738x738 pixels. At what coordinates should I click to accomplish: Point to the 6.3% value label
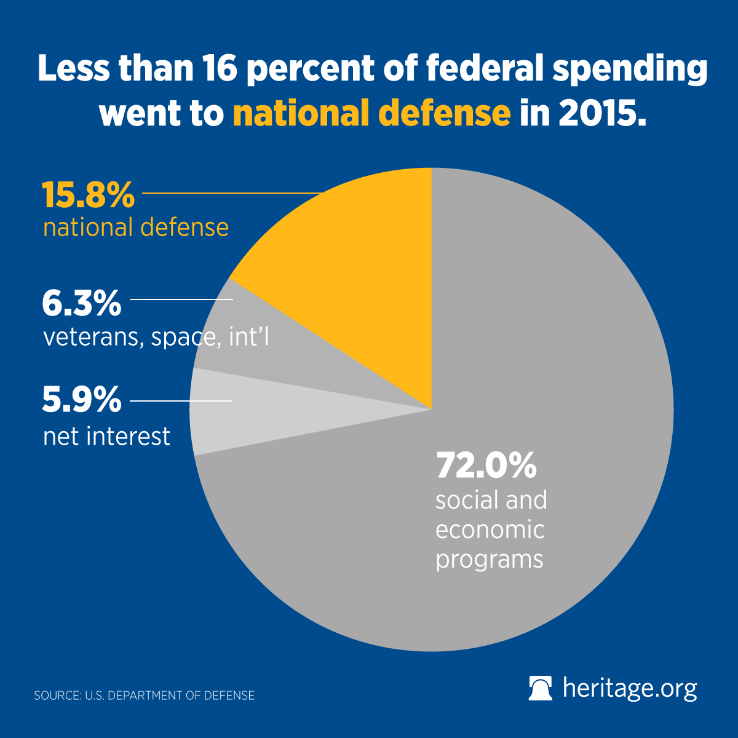[81, 303]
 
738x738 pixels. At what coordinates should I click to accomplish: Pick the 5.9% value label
[81, 400]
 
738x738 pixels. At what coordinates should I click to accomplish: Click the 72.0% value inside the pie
[486, 465]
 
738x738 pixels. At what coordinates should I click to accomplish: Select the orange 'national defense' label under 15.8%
[136, 228]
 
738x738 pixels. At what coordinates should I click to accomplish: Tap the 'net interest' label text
[106, 436]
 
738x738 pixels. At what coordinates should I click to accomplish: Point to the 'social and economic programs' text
[491, 530]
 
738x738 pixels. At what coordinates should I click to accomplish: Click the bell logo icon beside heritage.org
[541, 689]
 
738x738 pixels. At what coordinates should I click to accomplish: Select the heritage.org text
[630, 688]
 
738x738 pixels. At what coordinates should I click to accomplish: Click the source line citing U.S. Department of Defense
[144, 696]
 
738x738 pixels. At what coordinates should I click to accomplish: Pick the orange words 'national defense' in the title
[371, 114]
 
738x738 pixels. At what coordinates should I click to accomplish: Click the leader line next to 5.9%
[181, 401]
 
